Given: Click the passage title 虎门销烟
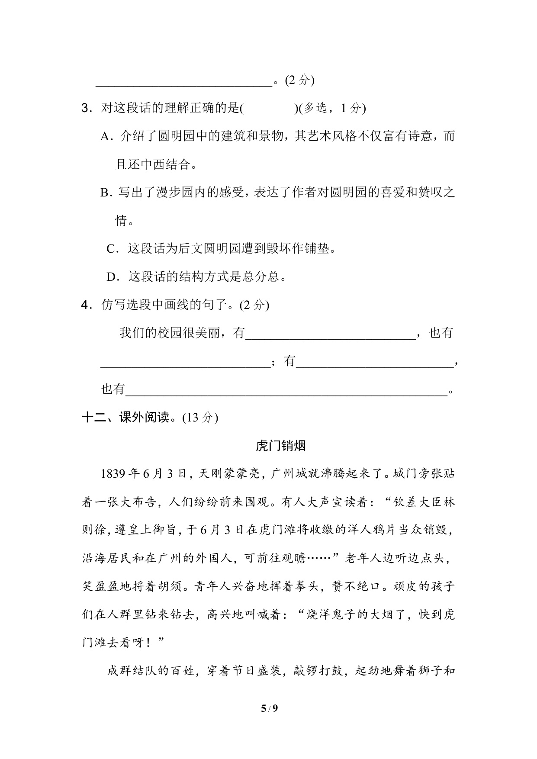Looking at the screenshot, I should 281,446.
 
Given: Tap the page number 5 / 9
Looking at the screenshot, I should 269,720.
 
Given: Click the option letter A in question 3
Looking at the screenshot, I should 105,137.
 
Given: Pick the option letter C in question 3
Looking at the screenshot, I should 111,249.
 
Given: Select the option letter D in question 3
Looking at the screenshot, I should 112,277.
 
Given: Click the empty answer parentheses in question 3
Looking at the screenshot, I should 268,109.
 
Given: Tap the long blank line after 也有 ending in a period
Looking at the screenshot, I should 286,391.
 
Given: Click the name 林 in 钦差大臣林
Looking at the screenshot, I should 450,502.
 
